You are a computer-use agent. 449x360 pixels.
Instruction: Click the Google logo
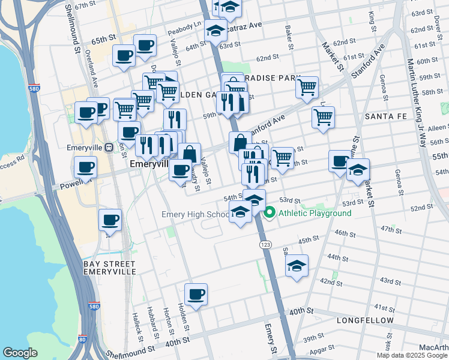pyautogui.click(x=20, y=353)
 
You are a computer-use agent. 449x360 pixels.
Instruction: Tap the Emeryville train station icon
pyautogui.click(x=109, y=147)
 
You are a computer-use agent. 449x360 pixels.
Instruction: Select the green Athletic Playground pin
pyautogui.click(x=270, y=212)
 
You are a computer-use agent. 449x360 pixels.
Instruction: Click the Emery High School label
pyautogui.click(x=195, y=214)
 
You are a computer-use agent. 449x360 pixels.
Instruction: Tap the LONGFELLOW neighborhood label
pyautogui.click(x=365, y=320)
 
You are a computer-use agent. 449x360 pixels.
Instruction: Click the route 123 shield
pyautogui.click(x=264, y=245)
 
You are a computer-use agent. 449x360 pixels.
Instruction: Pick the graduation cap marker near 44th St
pyautogui.click(x=297, y=266)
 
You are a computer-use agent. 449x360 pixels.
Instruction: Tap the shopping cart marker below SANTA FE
pyautogui.click(x=323, y=118)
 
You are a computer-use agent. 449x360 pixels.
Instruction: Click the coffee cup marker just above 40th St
pyautogui.click(x=196, y=295)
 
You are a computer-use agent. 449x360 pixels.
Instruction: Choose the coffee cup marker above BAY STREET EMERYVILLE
pyautogui.click(x=110, y=220)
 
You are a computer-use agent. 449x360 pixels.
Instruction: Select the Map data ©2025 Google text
pyautogui.click(x=412, y=355)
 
